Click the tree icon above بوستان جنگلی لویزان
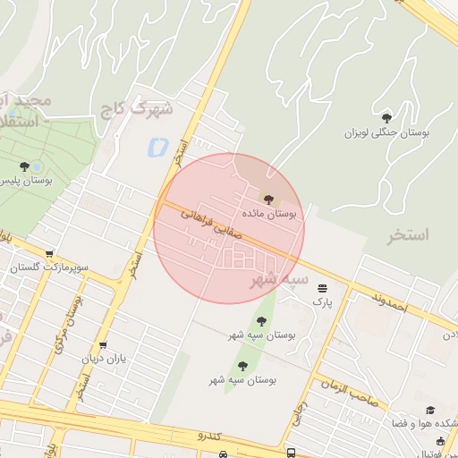[386, 117]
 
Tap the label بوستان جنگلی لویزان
[387, 132]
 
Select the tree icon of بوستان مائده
[268, 198]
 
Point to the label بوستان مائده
[268, 215]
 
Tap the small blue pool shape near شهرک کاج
[158, 144]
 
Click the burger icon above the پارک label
[321, 287]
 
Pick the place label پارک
[321, 302]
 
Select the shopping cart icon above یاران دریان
[104, 344]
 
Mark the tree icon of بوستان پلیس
[25, 165]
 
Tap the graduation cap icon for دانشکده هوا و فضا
[428, 410]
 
